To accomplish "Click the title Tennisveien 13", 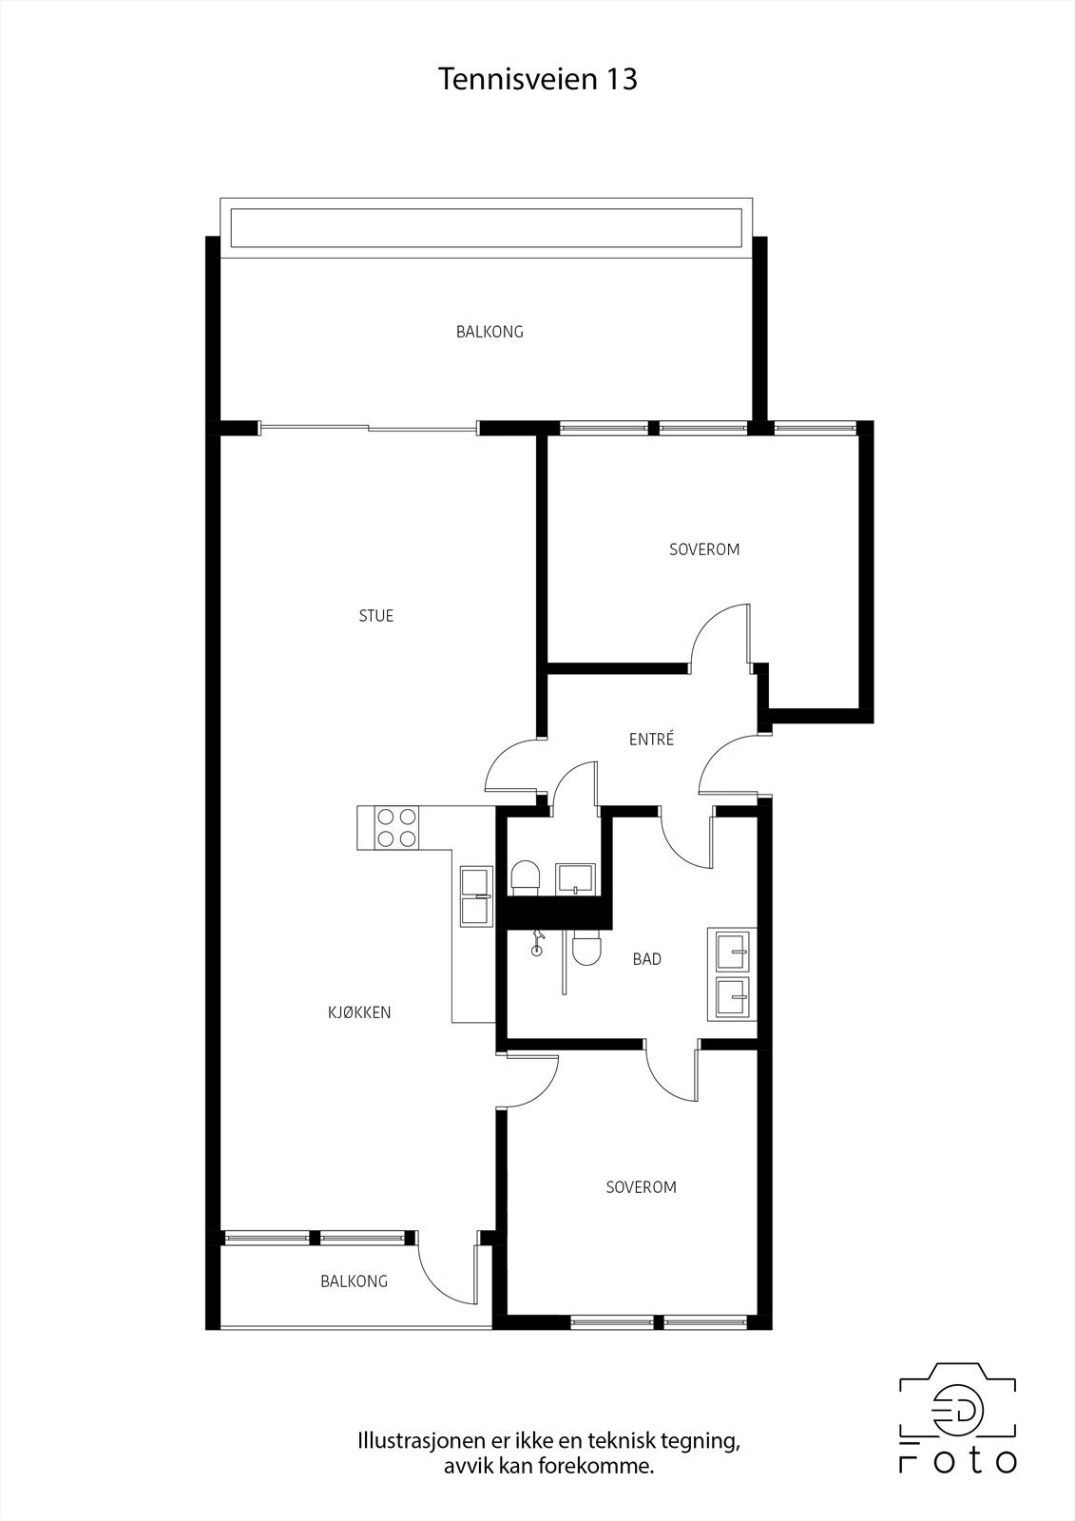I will point(537,79).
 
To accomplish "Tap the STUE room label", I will point(375,616).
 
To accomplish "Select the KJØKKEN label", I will point(359,1012).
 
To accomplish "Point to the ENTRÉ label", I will point(651,739).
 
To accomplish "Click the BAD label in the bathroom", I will point(646,959).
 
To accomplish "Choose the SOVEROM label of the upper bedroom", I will point(703,549).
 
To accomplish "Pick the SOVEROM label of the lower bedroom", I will point(641,1187).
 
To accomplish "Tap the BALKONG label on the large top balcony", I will point(490,332).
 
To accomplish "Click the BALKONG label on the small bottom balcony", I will point(354,1281).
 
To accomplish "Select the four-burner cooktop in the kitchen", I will point(396,827).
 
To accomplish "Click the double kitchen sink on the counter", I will point(475,895).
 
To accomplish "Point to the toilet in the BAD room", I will point(588,948).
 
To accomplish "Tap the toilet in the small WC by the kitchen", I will point(526,877).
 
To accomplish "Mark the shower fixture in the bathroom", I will point(539,943).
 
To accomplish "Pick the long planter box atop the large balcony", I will point(486,228).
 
